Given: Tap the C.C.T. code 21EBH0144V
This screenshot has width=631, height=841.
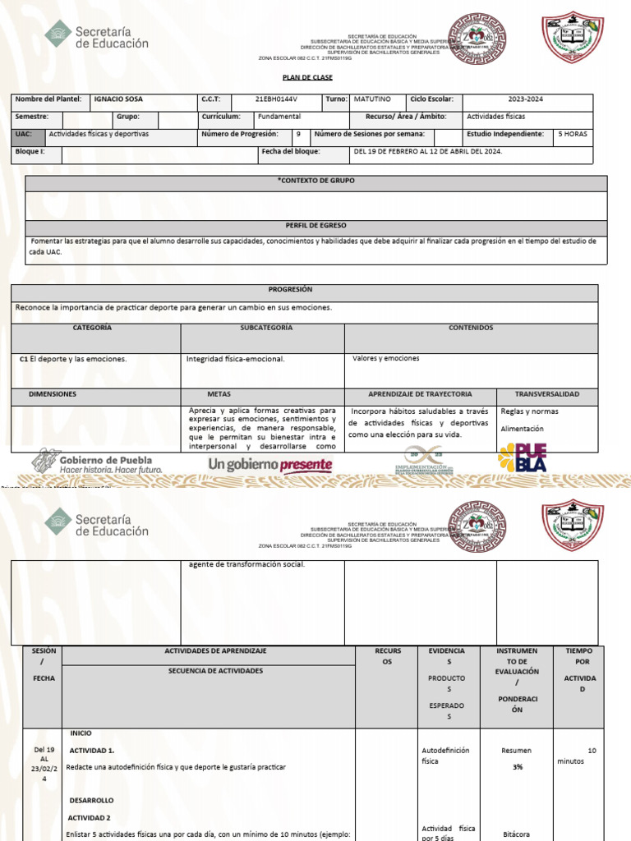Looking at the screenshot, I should (275, 99).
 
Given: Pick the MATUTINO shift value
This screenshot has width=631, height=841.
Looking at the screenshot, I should (372, 99).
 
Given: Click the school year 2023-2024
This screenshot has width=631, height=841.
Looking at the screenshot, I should (526, 99).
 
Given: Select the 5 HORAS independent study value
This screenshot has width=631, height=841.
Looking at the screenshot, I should (572, 134).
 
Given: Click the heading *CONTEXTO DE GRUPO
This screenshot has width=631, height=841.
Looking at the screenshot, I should (316, 181).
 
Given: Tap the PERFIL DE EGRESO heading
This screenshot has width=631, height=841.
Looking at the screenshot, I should (316, 225).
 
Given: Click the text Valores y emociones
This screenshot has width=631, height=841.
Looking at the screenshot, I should (385, 358).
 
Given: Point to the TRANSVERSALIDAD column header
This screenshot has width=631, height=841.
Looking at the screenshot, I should (546, 394).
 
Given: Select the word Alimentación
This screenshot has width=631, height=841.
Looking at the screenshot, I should (523, 429).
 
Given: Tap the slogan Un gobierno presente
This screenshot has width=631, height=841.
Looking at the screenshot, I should (270, 466).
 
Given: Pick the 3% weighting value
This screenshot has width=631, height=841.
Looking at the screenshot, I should (518, 766).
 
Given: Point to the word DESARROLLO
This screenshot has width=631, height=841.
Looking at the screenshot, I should (91, 800).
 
